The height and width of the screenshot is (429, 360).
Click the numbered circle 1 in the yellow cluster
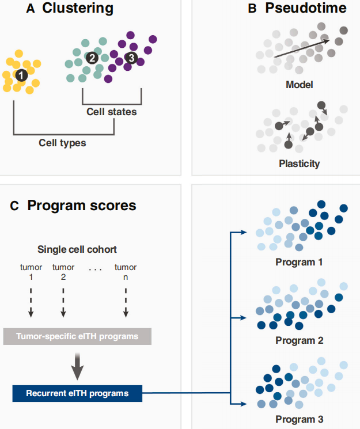click(21, 74)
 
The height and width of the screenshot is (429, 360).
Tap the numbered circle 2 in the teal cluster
click(92, 58)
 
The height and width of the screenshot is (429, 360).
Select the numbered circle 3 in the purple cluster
click(131, 58)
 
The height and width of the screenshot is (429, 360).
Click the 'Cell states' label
click(112, 111)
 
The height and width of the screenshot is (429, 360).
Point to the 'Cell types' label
click(62, 142)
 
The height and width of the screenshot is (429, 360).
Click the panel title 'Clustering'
click(77, 9)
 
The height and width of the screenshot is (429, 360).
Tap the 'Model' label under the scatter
click(299, 85)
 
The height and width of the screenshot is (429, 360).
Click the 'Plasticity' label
click(299, 163)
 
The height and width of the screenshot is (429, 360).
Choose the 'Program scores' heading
click(82, 206)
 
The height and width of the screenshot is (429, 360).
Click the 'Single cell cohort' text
click(78, 249)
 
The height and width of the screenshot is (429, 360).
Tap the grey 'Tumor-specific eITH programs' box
click(77, 336)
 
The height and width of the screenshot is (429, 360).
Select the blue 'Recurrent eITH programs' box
click(77, 394)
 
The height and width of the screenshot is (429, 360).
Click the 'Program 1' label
click(299, 262)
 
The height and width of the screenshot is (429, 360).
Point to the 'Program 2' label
click(299, 340)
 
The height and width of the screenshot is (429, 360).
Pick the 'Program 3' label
click(299, 419)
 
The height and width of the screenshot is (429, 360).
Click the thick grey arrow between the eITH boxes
click(77, 365)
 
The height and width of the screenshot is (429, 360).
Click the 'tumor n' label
click(126, 272)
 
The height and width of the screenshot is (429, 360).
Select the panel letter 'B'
click(252, 9)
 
